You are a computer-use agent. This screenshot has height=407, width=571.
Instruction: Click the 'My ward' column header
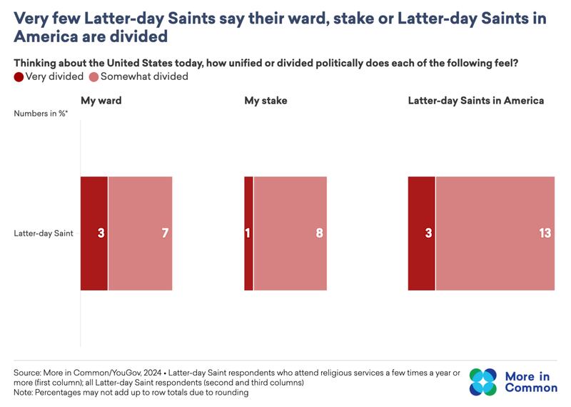click(x=101, y=101)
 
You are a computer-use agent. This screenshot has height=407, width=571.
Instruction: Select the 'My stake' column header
click(x=266, y=101)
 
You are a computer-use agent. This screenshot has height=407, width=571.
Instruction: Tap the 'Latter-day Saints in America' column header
click(x=476, y=101)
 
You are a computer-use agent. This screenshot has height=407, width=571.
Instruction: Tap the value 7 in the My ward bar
click(x=165, y=233)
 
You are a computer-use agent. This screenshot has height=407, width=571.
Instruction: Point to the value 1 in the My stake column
click(x=248, y=233)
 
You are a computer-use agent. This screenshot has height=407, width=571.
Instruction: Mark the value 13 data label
click(x=545, y=233)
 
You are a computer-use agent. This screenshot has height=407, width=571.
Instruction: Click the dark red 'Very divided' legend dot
click(x=19, y=76)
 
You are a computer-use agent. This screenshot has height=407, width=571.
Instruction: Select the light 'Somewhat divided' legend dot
click(x=94, y=76)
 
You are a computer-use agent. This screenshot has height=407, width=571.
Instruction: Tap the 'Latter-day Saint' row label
click(x=44, y=233)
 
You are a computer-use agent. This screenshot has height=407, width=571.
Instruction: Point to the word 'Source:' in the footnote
click(x=29, y=373)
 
